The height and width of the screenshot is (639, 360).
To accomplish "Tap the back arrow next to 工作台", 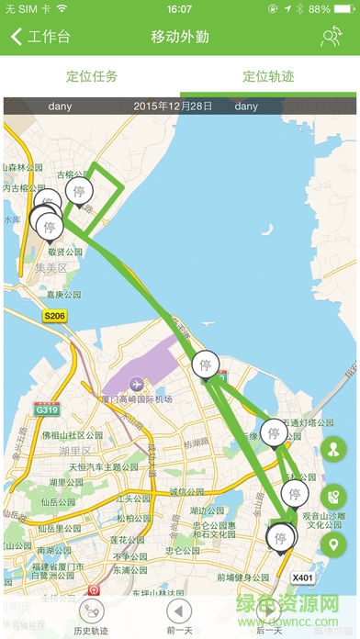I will (16, 38).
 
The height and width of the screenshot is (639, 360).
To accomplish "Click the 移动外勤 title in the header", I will (179, 38).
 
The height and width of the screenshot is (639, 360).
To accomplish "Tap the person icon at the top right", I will (332, 38).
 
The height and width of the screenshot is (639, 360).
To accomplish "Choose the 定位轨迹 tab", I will (268, 76).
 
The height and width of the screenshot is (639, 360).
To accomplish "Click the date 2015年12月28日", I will (174, 106).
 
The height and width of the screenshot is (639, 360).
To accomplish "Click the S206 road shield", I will (55, 315).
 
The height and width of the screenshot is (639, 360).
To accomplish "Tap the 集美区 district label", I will (51, 268).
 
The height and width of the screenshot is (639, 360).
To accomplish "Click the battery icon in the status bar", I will (344, 9).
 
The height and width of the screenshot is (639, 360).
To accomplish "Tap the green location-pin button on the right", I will (333, 545).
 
